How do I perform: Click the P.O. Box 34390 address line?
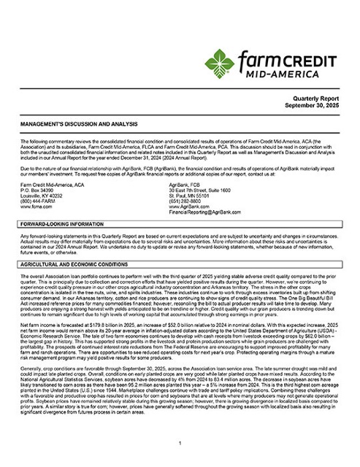pos(37,190)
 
